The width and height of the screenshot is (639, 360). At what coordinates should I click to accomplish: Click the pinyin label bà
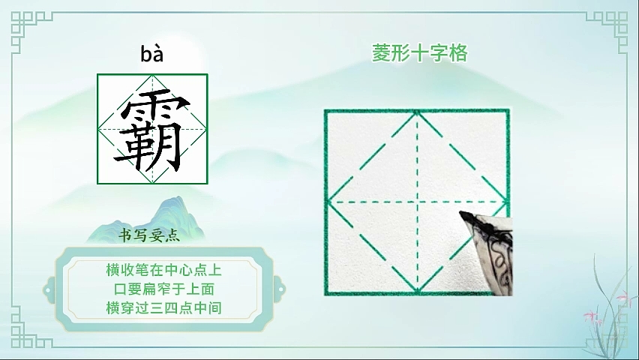[x=152, y=54]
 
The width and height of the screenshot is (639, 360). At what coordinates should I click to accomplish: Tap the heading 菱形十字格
[x=419, y=53]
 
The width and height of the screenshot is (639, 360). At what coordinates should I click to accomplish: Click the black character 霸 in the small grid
[x=153, y=130]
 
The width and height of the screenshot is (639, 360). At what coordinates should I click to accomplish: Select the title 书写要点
[x=149, y=235]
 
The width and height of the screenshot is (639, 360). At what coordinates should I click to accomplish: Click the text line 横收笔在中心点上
[x=163, y=270]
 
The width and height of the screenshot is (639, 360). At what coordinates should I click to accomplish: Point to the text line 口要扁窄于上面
[x=163, y=289]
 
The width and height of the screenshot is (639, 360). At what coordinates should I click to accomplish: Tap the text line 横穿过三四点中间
[x=163, y=307]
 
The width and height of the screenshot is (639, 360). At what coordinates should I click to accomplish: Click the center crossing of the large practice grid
[x=417, y=202]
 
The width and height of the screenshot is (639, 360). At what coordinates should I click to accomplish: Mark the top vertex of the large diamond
[x=417, y=111]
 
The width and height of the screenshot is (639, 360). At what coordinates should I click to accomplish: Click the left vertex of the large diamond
[x=328, y=202]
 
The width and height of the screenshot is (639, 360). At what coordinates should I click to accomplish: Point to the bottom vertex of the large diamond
[x=417, y=291]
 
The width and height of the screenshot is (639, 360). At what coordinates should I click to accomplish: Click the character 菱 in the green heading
[x=381, y=53]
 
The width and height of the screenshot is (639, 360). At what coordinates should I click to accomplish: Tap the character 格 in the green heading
[x=458, y=53]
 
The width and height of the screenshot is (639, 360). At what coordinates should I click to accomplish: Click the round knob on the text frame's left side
[x=49, y=289]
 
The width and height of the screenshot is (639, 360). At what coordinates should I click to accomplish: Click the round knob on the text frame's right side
[x=280, y=289]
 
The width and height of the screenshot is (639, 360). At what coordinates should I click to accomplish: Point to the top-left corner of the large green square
[x=325, y=110]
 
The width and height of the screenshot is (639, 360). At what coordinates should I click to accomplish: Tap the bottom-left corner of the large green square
[x=325, y=293]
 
